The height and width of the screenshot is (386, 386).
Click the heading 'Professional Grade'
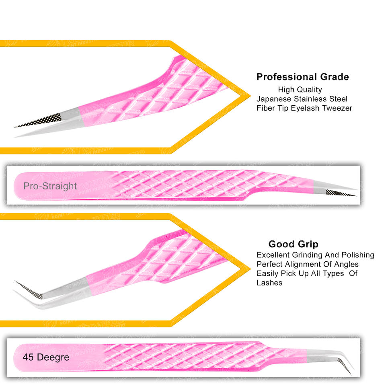click(x=302, y=77)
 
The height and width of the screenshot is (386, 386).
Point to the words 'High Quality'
click(x=300, y=90)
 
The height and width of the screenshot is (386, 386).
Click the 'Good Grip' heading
click(x=293, y=244)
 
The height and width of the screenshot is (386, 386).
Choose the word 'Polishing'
click(x=357, y=255)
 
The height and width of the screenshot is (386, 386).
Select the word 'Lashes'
click(x=269, y=283)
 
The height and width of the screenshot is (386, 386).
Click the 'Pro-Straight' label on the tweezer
click(x=50, y=186)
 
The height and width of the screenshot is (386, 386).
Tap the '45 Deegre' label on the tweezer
click(x=46, y=357)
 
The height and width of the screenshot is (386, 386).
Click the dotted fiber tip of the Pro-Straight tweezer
click(x=340, y=193)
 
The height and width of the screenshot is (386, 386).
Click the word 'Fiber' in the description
click(x=265, y=108)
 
